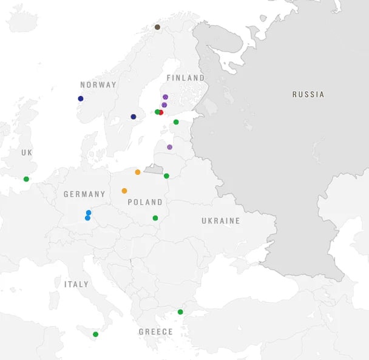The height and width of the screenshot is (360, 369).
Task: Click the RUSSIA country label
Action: click(x=308, y=94)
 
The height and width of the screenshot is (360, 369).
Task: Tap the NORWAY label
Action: click(x=98, y=85)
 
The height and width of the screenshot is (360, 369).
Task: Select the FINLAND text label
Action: click(x=185, y=78)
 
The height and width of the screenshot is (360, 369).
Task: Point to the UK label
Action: click(x=26, y=152)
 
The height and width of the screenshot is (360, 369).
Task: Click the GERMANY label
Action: click(x=84, y=194)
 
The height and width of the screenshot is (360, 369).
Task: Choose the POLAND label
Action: click(x=145, y=202)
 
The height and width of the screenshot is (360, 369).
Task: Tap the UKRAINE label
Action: click(x=221, y=221)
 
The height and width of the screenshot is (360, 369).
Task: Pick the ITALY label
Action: click(x=76, y=284)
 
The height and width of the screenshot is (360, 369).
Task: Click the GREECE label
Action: click(x=155, y=332)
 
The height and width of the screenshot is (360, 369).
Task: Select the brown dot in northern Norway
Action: click(x=157, y=27)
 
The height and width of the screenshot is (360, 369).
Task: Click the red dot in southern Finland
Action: click(x=161, y=112)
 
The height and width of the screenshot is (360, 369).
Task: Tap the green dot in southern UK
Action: click(x=26, y=178)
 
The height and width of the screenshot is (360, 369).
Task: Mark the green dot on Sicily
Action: click(x=95, y=334)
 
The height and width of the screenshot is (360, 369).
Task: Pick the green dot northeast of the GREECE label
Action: click(x=180, y=312)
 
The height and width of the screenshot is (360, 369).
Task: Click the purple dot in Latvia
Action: click(x=169, y=147)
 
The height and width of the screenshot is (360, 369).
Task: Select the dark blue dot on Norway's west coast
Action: click(x=80, y=98)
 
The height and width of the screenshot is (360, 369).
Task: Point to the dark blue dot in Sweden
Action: click(x=134, y=117)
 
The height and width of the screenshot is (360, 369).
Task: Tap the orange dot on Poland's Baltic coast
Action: click(x=138, y=172)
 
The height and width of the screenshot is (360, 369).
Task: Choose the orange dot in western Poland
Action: click(x=124, y=191)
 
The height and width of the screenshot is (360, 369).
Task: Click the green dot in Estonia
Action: click(x=176, y=122)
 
